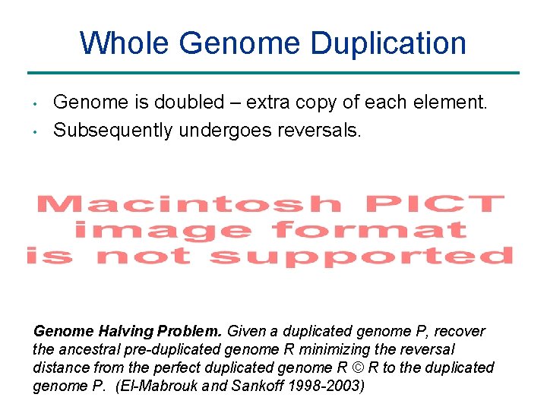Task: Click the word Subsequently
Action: point(112,131)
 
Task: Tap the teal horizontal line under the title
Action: point(273,73)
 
